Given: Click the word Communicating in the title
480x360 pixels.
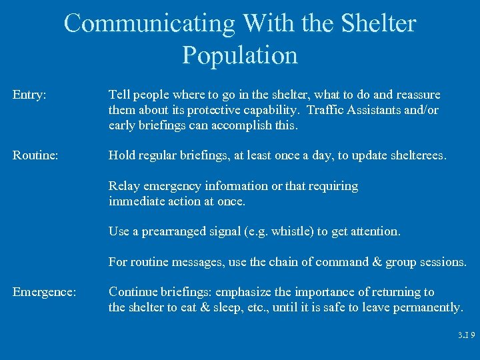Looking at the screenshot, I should tap(149, 23).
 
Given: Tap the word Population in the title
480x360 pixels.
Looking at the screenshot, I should tap(240, 55).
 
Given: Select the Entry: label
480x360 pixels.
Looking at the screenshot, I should tap(29, 95).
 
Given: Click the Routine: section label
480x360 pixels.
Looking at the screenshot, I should tap(35, 155).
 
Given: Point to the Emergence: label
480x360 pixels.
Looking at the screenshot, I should tap(44, 292).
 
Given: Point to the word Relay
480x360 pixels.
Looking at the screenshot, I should tap(124, 186).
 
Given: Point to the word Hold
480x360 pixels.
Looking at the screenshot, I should tap(122, 155).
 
